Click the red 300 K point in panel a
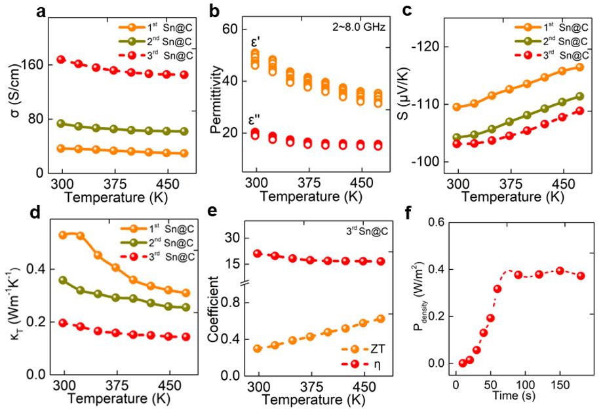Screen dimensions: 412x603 (62, 60)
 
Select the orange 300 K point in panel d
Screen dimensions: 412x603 (64, 234)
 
